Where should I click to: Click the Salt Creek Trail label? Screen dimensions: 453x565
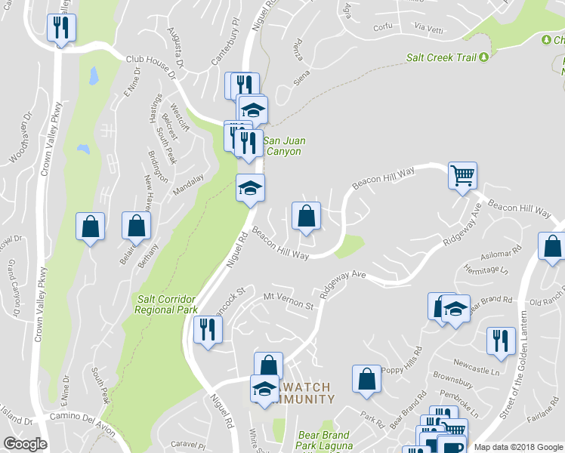[442, 57]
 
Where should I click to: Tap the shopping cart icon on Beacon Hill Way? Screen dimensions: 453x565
[462, 177]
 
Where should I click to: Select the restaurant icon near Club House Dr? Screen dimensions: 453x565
[59, 29]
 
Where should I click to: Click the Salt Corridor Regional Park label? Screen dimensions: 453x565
[167, 304]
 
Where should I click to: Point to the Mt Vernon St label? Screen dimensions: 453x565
[288, 301]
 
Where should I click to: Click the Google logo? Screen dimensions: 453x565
[25, 444]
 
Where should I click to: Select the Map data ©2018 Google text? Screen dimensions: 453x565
[518, 447]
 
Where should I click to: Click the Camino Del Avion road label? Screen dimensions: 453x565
[82, 424]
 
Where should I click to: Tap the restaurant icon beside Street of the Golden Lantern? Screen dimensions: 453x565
[500, 341]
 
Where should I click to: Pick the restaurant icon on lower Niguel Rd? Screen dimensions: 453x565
[205, 329]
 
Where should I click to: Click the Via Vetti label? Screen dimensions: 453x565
[429, 28]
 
